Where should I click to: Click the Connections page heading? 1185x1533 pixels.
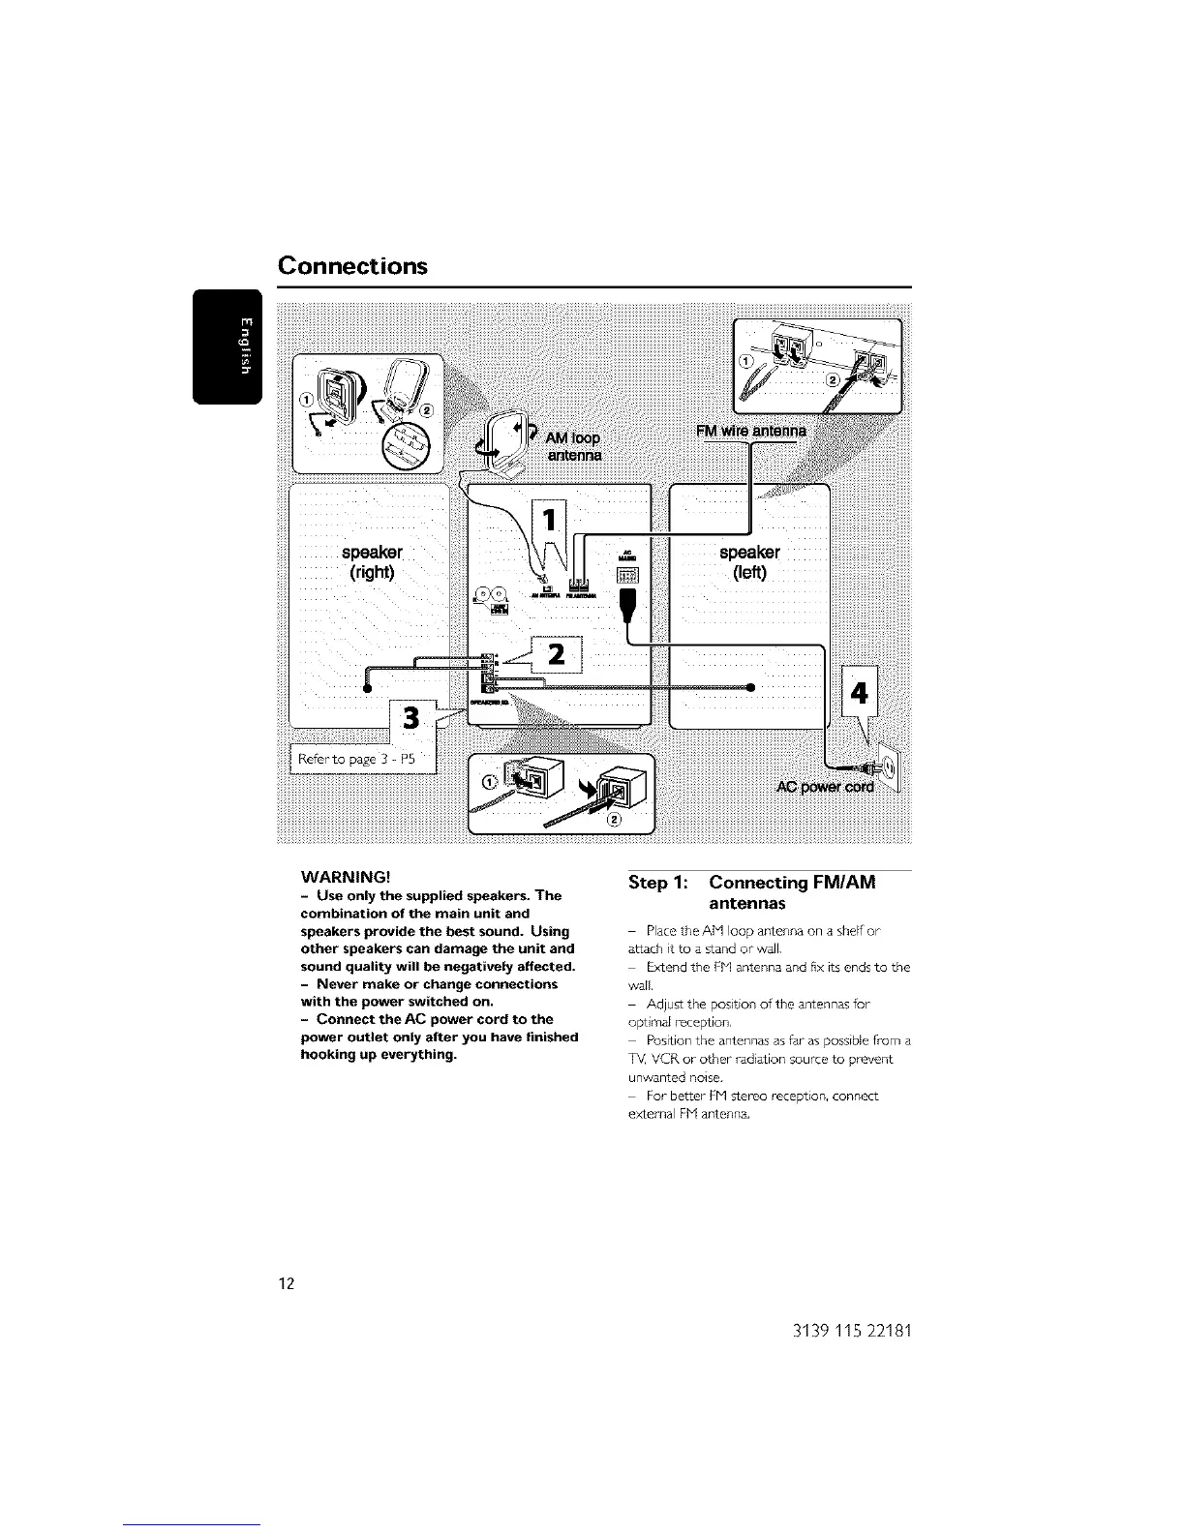pyautogui.click(x=352, y=265)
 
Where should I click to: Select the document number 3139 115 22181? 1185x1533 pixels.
pyautogui.click(x=840, y=1330)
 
